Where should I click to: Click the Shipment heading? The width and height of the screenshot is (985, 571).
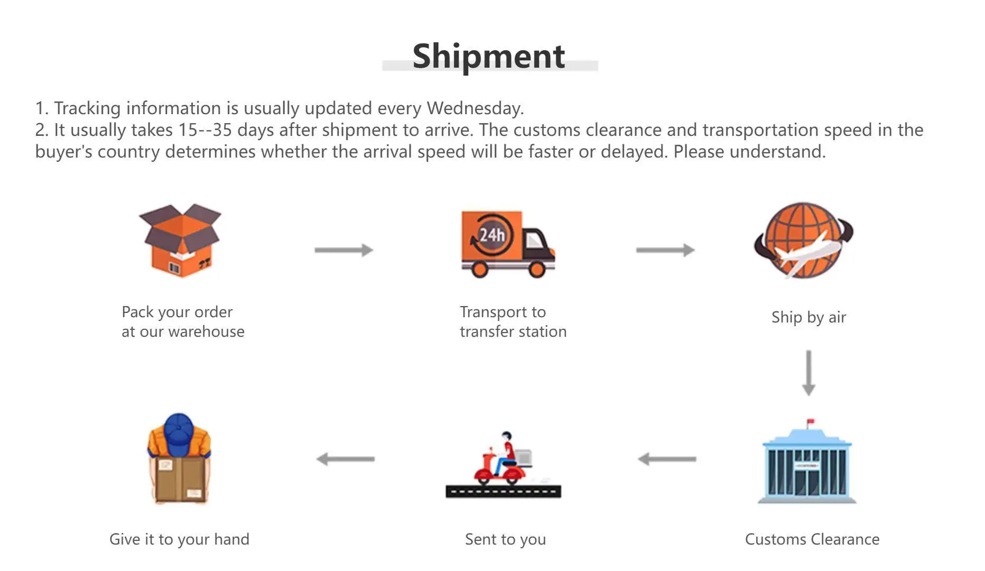click(489, 56)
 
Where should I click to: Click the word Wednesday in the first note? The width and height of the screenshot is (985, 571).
click(475, 108)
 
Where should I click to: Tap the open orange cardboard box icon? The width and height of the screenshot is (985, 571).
click(181, 240)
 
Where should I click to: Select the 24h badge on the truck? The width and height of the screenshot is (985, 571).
click(491, 234)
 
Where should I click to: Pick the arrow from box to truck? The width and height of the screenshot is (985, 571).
click(344, 250)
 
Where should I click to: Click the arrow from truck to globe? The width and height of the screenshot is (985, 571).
click(665, 250)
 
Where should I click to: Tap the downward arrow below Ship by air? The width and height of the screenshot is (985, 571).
click(808, 373)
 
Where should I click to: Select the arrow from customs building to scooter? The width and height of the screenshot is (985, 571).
click(667, 459)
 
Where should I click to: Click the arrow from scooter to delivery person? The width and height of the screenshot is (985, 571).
click(346, 459)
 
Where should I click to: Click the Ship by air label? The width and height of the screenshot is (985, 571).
click(809, 317)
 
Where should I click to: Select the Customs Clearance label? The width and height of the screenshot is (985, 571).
click(812, 539)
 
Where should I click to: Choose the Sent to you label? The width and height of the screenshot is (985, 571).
click(505, 539)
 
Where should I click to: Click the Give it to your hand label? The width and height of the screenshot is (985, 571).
click(179, 539)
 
